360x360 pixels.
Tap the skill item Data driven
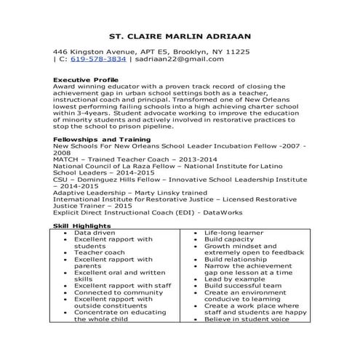coord(95,233)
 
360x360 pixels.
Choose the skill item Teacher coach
coord(99,252)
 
